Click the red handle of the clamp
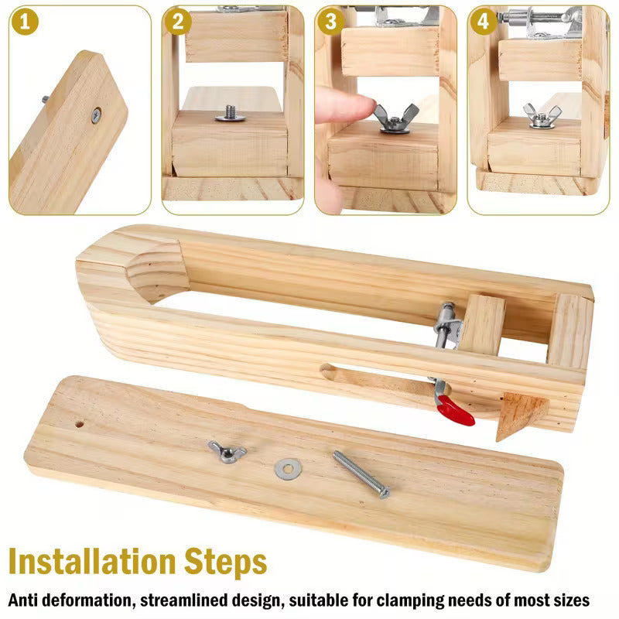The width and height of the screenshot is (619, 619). tap(456, 411)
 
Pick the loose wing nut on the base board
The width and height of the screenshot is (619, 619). tap(226, 450)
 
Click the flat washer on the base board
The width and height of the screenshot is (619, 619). tap(288, 467)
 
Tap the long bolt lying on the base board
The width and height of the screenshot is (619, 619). tap(361, 474)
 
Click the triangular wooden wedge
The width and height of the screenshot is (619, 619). tap(520, 416)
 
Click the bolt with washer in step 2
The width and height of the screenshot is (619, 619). tap(230, 115)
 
